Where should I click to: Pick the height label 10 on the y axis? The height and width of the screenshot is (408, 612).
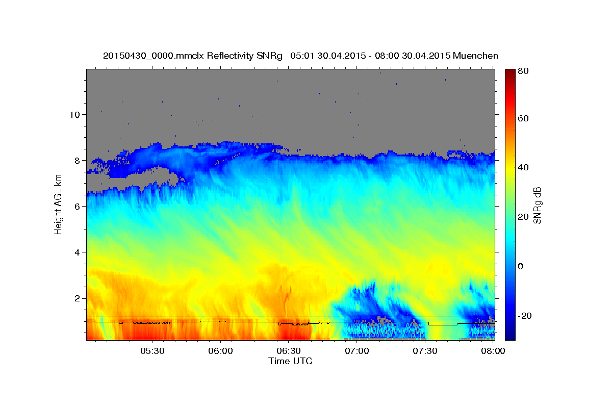click(74, 115)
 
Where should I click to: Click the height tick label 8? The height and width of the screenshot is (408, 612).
click(77, 161)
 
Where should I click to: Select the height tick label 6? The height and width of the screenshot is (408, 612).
click(77, 207)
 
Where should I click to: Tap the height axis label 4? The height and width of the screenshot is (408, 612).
click(77, 252)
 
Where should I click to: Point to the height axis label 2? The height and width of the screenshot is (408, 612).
click(77, 298)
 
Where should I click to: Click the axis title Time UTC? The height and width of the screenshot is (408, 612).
click(290, 361)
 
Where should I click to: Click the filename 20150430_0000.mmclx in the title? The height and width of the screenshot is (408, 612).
click(154, 56)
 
